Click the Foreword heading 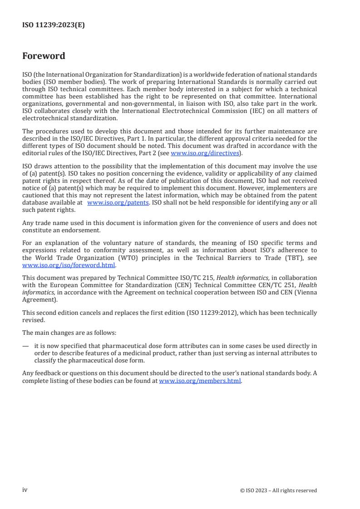coord(44,56)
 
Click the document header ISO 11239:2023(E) coord(54,25)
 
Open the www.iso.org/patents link coord(118,203)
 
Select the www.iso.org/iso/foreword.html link coord(69,265)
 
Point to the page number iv coord(25,489)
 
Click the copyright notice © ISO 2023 coord(278,490)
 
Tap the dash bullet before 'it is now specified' coord(25,345)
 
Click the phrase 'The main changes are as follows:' coord(69,333)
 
